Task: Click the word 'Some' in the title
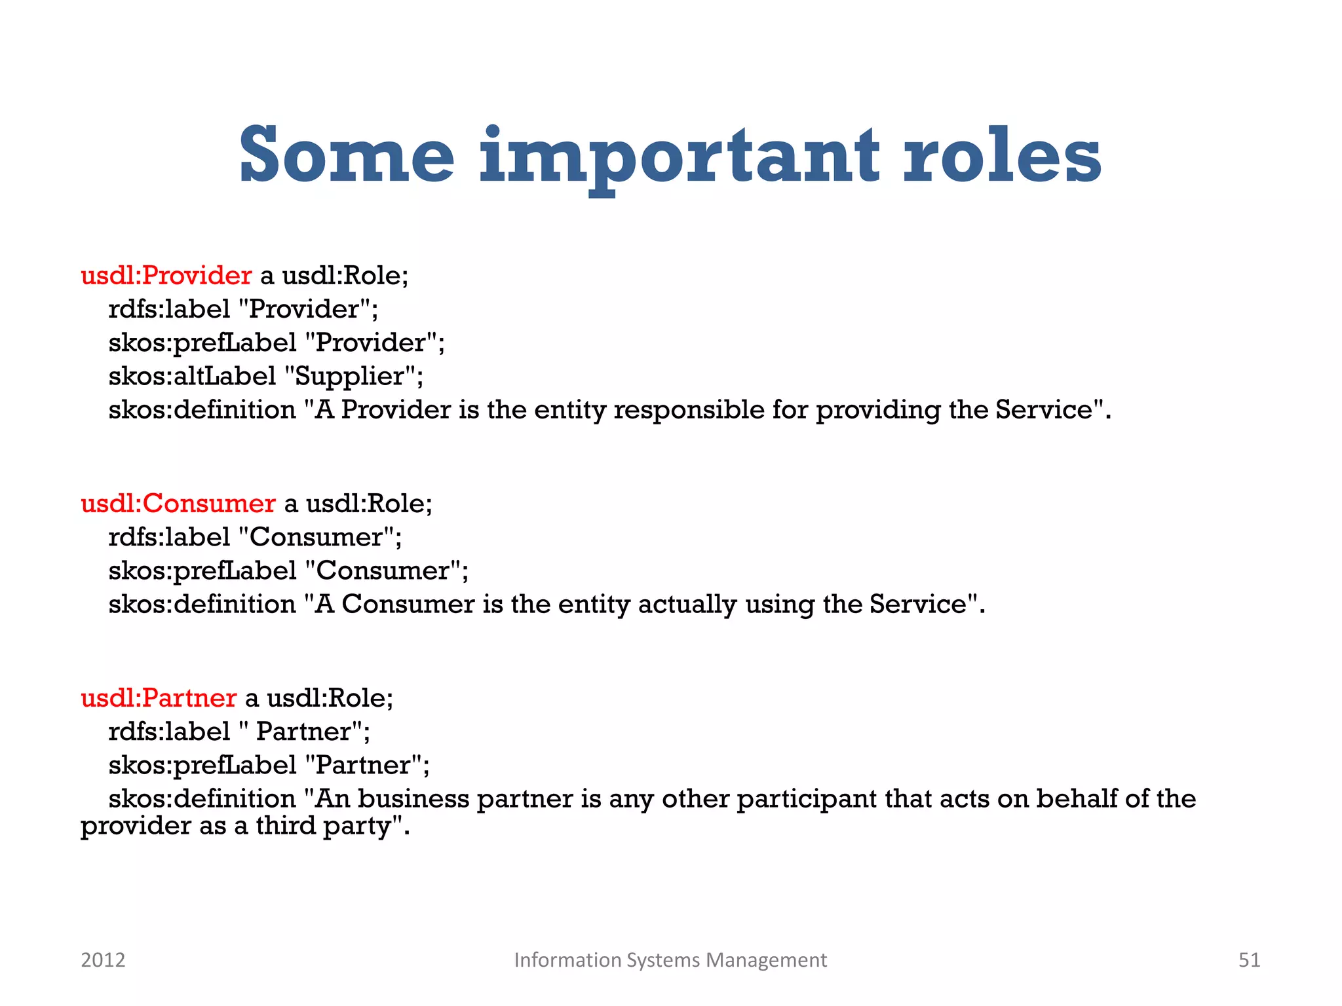tap(346, 156)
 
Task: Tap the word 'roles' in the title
tap(1002, 156)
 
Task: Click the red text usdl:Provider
tap(166, 275)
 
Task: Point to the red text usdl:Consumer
tap(178, 503)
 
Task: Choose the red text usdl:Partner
tap(158, 698)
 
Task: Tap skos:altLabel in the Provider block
tap(192, 376)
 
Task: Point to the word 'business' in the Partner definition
tap(413, 799)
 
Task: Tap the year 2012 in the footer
tap(103, 959)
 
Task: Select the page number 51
tap(1249, 959)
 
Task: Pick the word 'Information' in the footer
tap(567, 959)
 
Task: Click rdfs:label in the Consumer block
tap(169, 537)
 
